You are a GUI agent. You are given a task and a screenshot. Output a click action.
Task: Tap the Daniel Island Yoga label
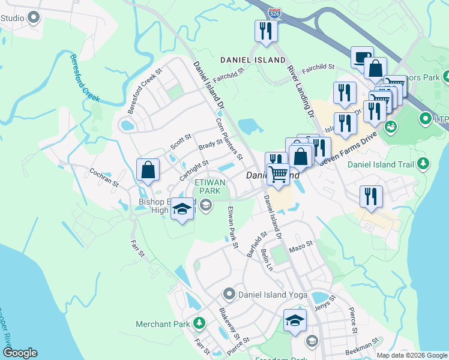(x=272, y=295)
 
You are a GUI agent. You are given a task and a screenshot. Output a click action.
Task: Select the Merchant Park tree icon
(x=199, y=325)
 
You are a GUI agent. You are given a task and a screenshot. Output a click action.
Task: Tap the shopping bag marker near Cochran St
(x=148, y=170)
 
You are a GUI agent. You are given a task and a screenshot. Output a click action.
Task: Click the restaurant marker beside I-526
(x=264, y=31)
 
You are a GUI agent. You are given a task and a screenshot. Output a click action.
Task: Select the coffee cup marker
(x=362, y=58)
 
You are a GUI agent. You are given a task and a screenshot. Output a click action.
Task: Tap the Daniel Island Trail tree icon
(x=423, y=163)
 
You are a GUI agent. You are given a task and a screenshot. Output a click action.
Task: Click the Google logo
(x=20, y=353)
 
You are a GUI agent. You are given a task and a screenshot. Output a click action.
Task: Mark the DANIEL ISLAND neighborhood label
(x=253, y=60)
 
